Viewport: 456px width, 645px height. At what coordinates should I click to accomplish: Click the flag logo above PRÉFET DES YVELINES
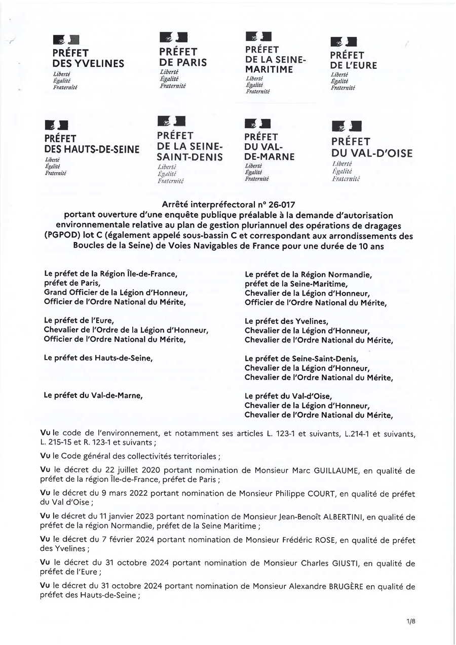pos(66,39)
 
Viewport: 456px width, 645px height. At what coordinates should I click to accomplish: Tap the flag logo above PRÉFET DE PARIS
pos(173,37)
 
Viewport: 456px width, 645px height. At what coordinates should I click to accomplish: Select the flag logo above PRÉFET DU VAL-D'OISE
pos(347,127)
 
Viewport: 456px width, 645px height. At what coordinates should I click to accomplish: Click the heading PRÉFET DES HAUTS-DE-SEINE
pos(92,144)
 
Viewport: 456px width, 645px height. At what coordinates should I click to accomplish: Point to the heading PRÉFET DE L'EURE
pos(354,60)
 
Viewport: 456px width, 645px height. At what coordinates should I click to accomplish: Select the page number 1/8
pos(411,622)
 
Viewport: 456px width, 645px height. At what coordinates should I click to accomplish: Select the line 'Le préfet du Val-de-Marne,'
pos(93,396)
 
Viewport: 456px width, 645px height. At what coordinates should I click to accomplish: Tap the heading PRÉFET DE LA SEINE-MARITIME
pos(276,59)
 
